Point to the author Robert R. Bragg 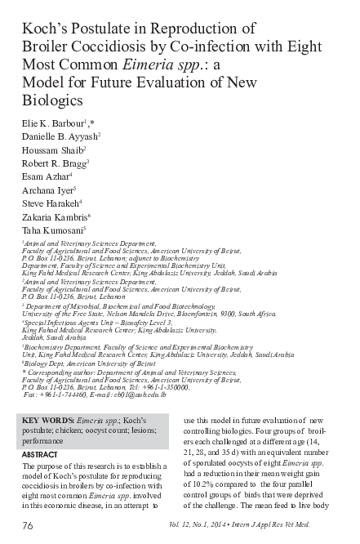point(54,166)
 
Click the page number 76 point(29,524)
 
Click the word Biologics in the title point(53,100)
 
